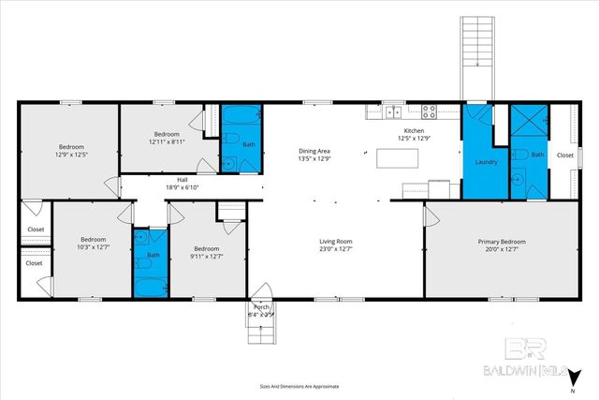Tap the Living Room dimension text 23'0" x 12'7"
tap(335, 248)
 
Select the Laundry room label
tap(486, 161)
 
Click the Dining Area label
tap(314, 151)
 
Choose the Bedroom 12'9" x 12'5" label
tap(71, 147)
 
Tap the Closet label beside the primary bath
tap(564, 156)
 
